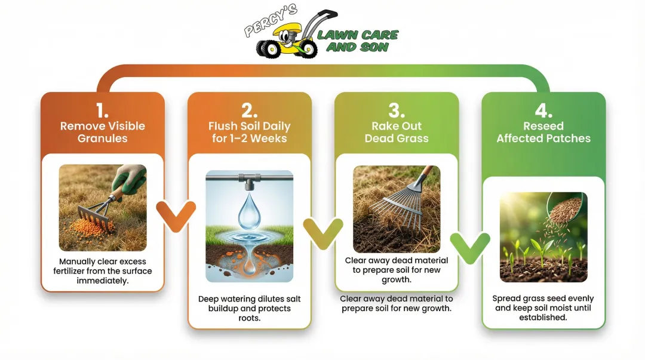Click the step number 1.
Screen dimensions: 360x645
tap(102, 110)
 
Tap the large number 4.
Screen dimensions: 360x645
tap(543, 110)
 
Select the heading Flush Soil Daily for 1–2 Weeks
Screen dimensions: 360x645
tap(249, 133)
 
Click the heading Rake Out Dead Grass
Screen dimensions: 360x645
tap(397, 133)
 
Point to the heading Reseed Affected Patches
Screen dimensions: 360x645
tap(543, 133)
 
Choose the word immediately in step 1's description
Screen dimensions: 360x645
tap(102, 280)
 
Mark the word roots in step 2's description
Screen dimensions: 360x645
tap(249, 318)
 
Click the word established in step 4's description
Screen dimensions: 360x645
tap(543, 318)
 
